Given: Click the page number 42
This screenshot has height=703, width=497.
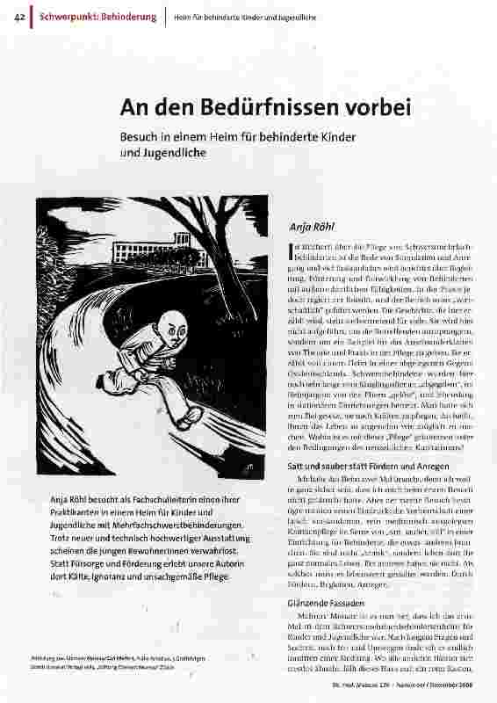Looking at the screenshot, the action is pos(18,17).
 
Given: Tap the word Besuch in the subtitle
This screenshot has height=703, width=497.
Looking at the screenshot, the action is pos(141,137).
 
